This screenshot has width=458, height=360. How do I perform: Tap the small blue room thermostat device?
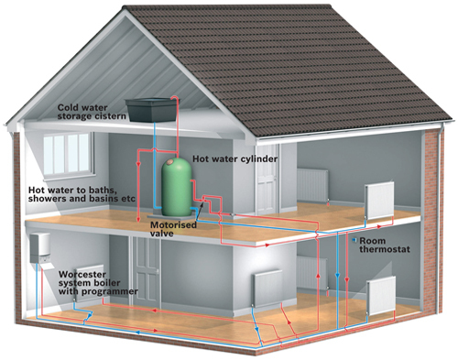click(x=354, y=240)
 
